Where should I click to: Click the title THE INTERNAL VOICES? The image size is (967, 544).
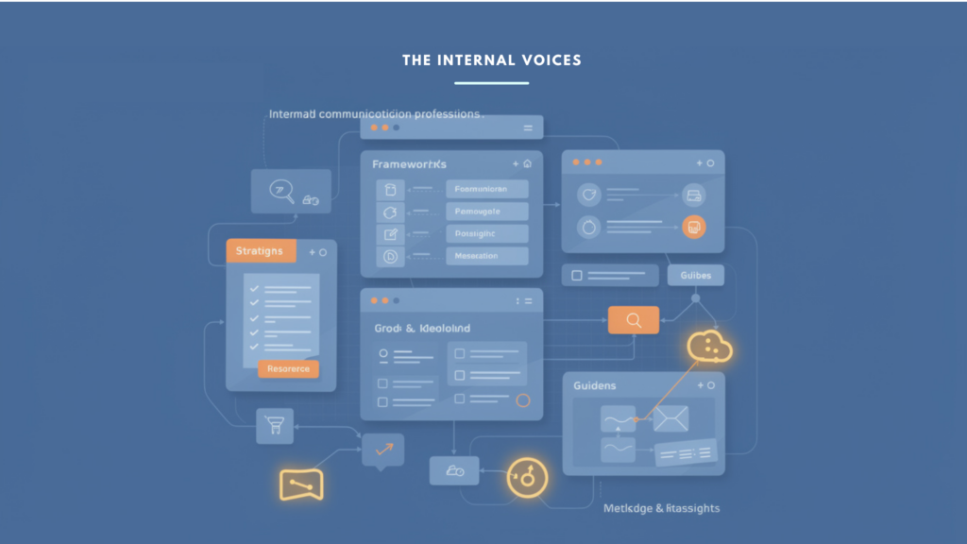491,60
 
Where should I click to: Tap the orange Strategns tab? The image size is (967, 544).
260,251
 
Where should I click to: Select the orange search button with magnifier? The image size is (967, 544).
633,320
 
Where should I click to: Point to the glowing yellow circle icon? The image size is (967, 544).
527,477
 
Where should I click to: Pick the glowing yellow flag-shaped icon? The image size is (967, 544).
301,484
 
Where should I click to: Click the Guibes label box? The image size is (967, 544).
695,275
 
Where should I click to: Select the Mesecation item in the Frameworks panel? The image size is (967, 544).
486,256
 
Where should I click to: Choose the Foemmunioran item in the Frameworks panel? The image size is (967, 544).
486,189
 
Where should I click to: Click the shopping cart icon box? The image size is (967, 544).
275,426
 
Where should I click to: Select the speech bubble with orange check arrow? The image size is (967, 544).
382,450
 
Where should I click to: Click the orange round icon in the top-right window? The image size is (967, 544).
693,227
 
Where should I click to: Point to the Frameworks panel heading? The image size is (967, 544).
409,164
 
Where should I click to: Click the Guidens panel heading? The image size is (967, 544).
595,385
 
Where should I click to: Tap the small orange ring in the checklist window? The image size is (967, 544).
522,399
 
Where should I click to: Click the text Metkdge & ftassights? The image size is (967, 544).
661,508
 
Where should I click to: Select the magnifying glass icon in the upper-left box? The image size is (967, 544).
280,190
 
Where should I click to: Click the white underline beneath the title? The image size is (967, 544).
491,83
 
